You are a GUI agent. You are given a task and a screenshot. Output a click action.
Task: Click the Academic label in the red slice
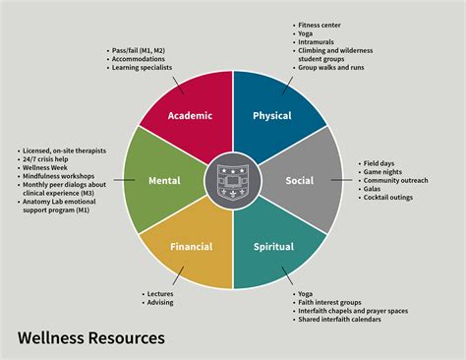pyautogui.click(x=190, y=116)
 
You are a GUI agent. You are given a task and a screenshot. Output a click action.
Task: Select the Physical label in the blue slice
pyautogui.click(x=272, y=116)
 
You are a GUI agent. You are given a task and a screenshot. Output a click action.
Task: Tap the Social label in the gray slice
pyautogui.click(x=300, y=180)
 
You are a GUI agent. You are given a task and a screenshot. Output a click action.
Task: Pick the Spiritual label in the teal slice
pyautogui.click(x=273, y=247)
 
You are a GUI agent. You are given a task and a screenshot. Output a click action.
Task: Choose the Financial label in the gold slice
pyautogui.click(x=192, y=247)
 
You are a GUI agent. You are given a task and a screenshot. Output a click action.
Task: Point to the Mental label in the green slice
pyautogui.click(x=164, y=180)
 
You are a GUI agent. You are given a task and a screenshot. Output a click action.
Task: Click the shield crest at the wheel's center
pyautogui.click(x=233, y=181)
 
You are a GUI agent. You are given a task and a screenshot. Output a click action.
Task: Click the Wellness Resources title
pyautogui.click(x=91, y=337)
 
